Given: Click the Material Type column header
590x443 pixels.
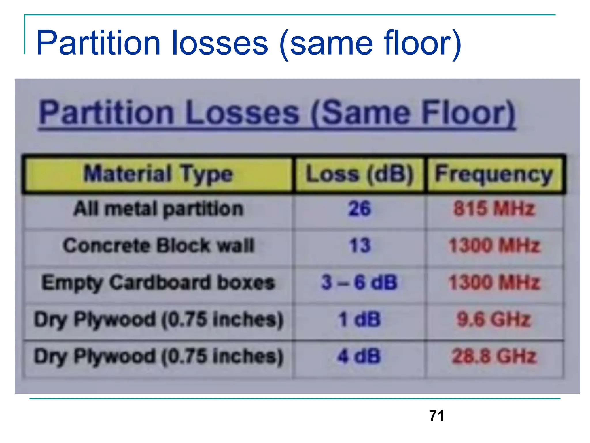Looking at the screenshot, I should coord(158,174).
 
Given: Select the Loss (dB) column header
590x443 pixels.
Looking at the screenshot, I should coord(359,174).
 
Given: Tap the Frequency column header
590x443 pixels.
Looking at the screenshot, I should coord(494,174).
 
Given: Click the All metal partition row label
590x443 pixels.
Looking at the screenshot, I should coord(158,209).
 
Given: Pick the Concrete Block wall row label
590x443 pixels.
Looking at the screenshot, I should coord(158,246).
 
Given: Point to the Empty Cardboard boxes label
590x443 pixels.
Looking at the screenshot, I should coord(158,282).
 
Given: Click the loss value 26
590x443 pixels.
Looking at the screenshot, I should coord(360,209).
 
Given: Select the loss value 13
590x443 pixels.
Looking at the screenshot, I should coord(360,246).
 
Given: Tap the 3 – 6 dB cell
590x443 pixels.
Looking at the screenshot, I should coord(359,282).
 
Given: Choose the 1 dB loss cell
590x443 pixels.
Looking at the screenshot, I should coord(359,320).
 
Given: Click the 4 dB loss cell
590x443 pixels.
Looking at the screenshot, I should coord(359,356).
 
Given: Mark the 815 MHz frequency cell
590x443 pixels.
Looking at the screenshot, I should coord(494,209).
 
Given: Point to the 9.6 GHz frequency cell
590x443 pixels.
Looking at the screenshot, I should coord(494,320).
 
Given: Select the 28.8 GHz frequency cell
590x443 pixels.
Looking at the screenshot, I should coord(494,356).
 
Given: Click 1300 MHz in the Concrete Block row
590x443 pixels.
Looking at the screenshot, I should coord(494,246).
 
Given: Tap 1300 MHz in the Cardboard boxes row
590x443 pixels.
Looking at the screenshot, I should coord(494,282).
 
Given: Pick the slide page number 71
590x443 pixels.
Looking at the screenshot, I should coord(436,416).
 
